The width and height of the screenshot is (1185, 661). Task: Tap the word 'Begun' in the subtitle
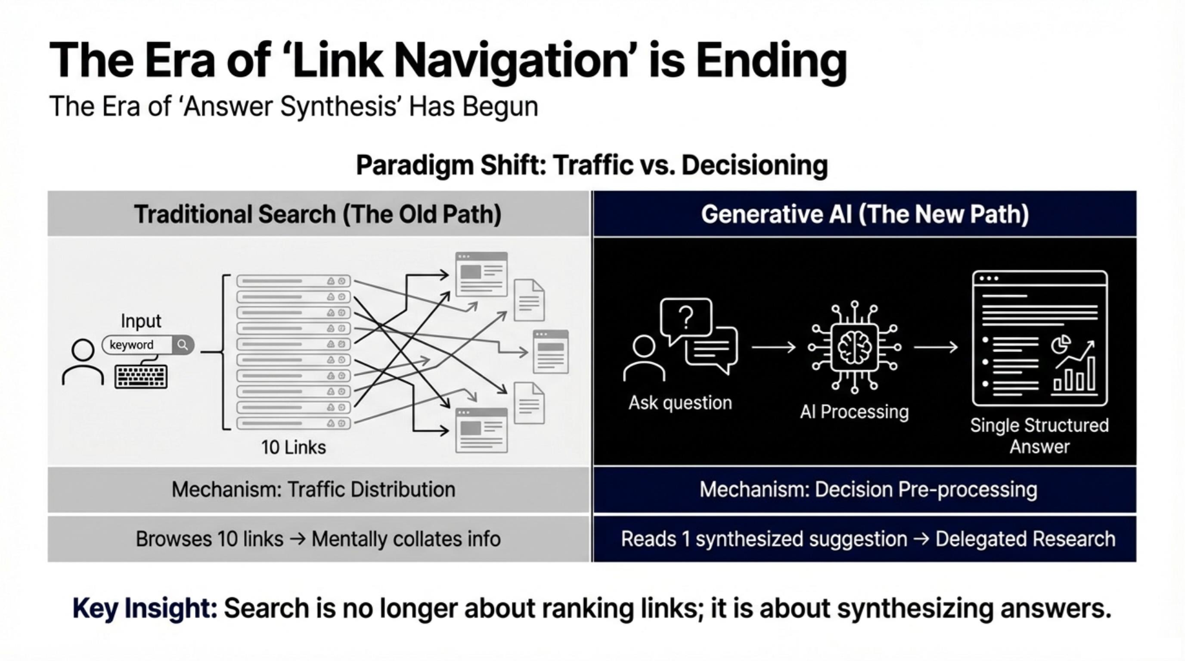tap(500, 107)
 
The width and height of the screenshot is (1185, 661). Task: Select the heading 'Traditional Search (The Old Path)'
tap(318, 214)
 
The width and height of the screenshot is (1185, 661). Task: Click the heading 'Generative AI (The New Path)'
tap(865, 214)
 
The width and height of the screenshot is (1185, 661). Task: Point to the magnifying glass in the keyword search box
tap(183, 345)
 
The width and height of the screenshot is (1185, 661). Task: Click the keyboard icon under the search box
tap(141, 376)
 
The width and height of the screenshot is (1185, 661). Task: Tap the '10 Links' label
tap(293, 447)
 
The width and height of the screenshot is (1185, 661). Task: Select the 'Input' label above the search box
tap(141, 321)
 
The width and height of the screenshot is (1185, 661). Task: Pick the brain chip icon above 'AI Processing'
tap(854, 347)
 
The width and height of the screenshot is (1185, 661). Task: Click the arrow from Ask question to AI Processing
tap(774, 347)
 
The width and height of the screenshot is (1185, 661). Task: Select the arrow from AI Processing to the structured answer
tap(936, 347)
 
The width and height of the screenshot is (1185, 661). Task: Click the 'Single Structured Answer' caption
tap(1039, 436)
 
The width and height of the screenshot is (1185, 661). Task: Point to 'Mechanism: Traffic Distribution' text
tap(313, 489)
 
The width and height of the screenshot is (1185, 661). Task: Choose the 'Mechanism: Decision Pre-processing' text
tap(868, 489)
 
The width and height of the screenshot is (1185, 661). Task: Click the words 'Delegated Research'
tap(1025, 539)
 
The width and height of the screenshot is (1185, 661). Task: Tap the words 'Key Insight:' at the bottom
tap(145, 609)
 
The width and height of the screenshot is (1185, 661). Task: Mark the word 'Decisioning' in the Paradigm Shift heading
tap(754, 165)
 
